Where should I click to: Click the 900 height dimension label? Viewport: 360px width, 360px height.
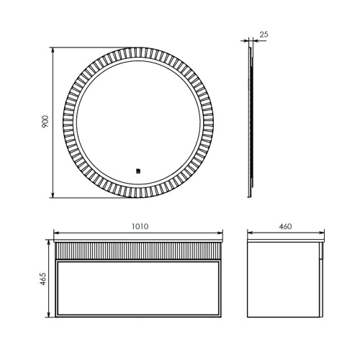tap(44, 123)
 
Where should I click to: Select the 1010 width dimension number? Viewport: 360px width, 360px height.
tap(140, 226)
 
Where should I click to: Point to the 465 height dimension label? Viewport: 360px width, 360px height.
tap(44, 279)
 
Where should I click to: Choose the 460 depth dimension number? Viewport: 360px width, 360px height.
tap(285, 226)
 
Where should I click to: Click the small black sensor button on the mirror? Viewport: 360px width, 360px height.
tap(138, 171)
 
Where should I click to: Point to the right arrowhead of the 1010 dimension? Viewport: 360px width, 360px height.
tap(222, 233)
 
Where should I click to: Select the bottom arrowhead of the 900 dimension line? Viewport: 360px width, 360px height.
tap(53, 196)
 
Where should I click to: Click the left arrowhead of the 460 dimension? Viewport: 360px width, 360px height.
tap(248, 233)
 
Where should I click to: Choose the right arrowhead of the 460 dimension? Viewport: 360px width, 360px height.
tap(322, 233)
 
